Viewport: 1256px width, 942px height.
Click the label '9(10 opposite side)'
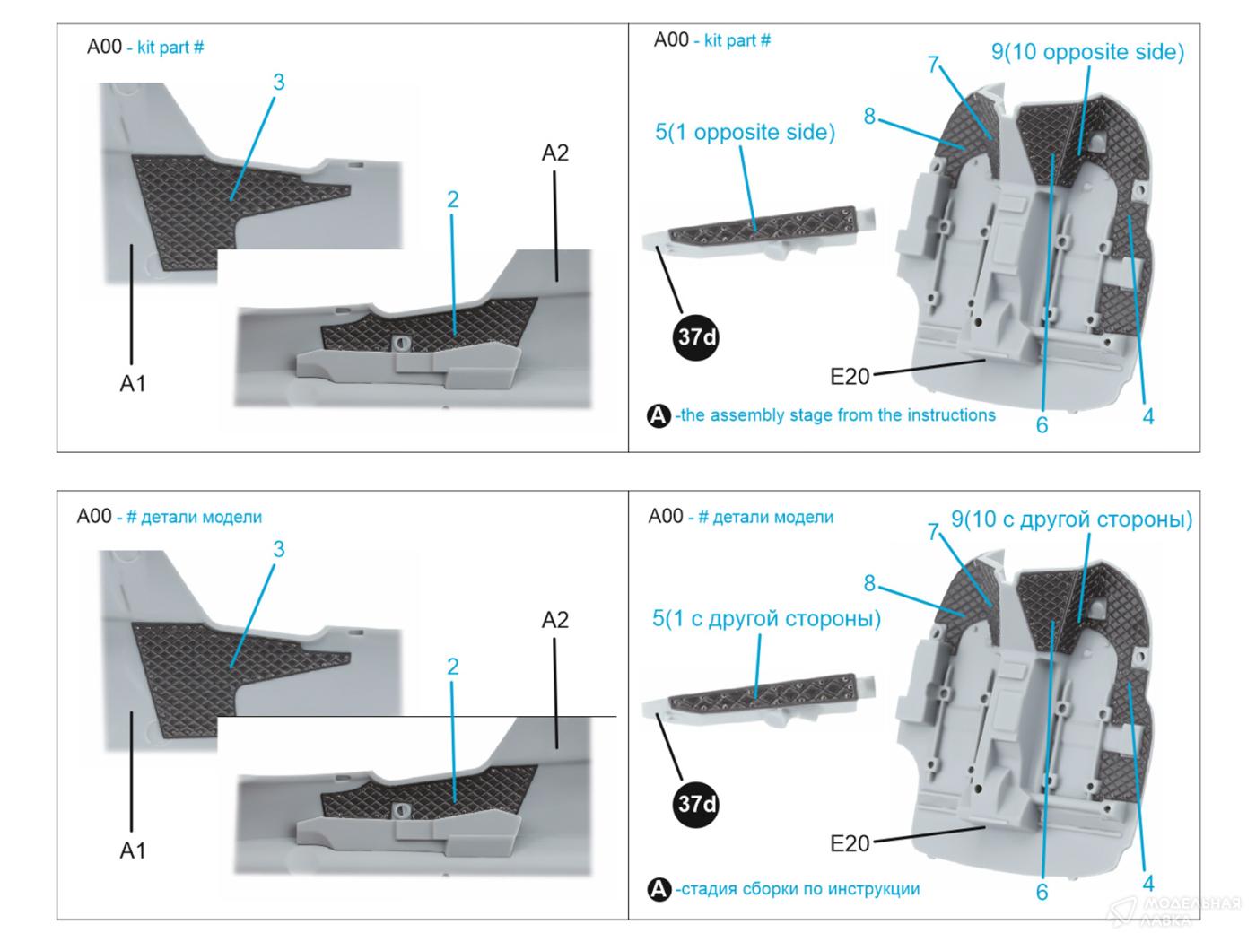coord(1087,52)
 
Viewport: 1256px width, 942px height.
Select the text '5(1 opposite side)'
coord(745,133)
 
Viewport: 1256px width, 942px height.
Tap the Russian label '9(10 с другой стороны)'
coord(1071,519)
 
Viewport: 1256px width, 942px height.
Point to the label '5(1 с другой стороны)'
coord(766,619)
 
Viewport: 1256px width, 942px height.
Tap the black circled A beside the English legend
coord(659,416)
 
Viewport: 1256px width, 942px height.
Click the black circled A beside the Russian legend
coord(659,890)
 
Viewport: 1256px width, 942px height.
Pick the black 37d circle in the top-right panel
coord(697,337)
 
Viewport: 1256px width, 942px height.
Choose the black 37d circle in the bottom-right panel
coord(697,804)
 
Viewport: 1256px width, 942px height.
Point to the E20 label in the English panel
coord(850,377)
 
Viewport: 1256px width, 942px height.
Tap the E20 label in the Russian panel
coord(850,843)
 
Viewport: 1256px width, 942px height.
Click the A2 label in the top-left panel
coord(555,153)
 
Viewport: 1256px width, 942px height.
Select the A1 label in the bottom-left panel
coord(133,850)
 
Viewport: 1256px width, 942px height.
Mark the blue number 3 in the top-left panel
coord(279,83)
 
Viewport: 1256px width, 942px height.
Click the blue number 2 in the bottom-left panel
coord(453,667)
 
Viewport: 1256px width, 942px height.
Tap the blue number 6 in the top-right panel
coord(1042,425)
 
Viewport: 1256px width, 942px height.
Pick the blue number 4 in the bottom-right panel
coord(1148,883)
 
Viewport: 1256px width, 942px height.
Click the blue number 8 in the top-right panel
coord(869,117)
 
